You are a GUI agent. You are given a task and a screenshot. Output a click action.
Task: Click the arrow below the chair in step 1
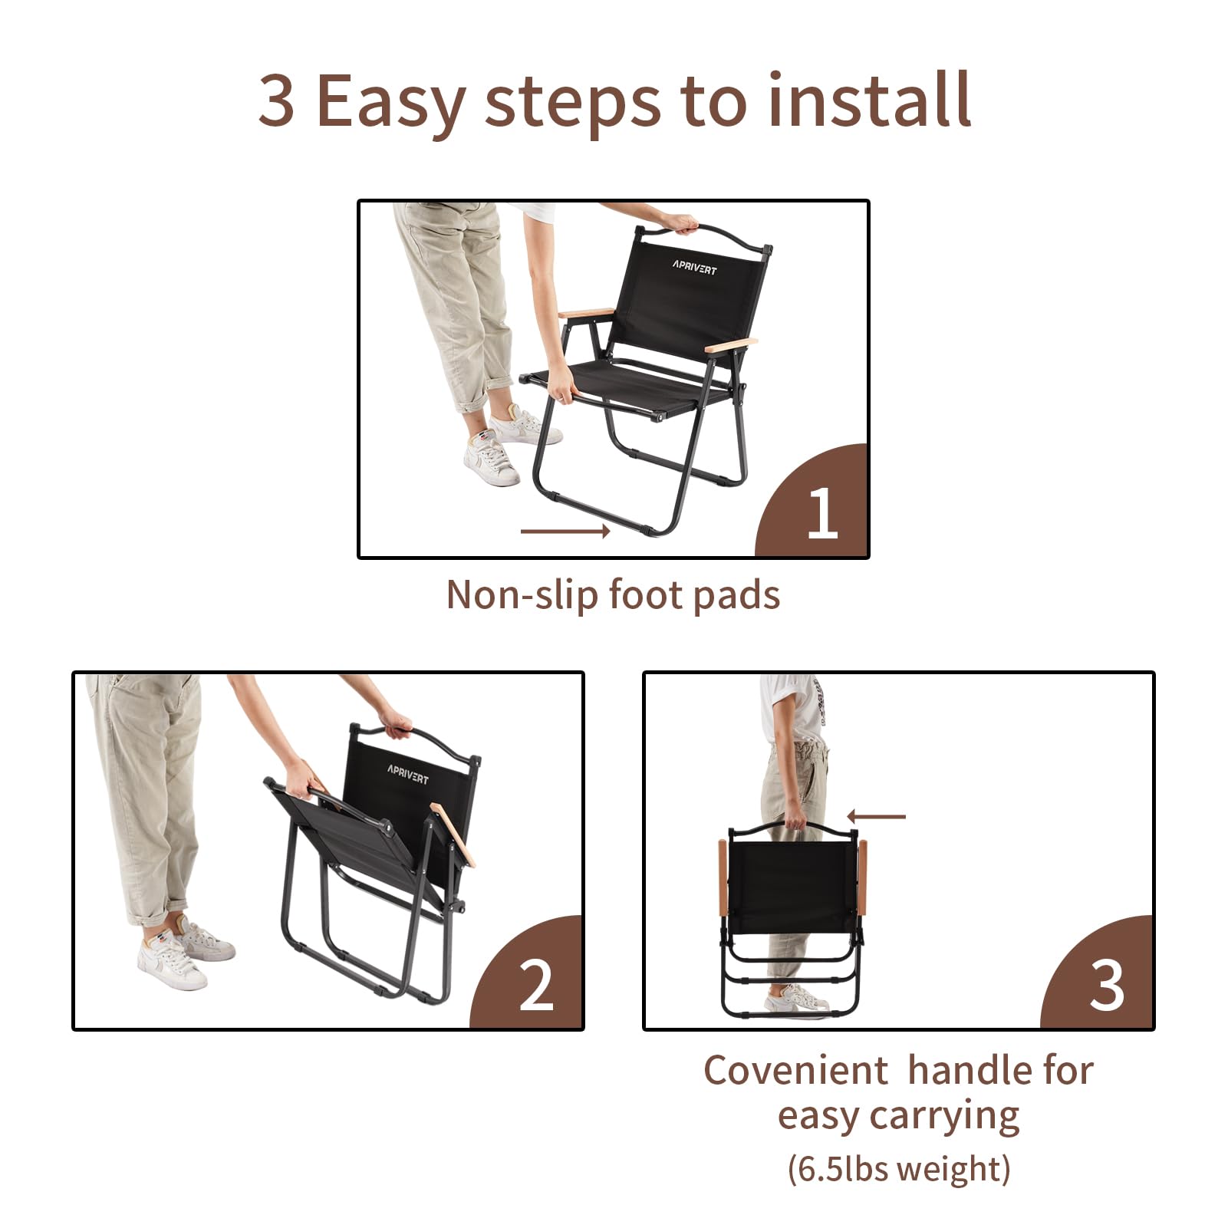pos(565,531)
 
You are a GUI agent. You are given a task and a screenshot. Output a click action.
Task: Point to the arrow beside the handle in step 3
pos(876,817)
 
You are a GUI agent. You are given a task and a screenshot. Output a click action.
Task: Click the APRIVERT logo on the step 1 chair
pos(694,267)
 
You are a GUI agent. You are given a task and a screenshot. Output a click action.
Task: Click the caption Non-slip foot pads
pos(613,595)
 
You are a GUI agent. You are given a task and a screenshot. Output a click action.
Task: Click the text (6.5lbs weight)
pos(898,1170)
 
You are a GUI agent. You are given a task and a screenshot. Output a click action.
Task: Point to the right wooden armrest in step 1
pos(731,345)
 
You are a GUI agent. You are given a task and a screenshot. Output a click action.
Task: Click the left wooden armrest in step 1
pos(586,313)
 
